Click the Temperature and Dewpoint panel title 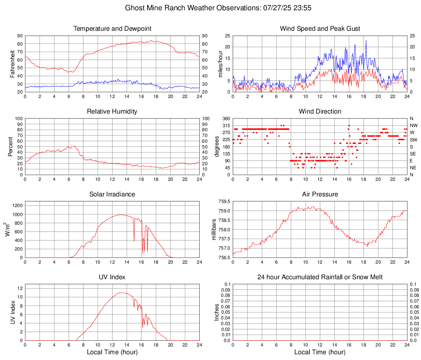pyautogui.click(x=112, y=29)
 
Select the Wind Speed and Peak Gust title pyautogui.click(x=320, y=29)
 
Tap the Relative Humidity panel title pyautogui.click(x=112, y=112)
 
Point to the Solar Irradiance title pyautogui.click(x=112, y=194)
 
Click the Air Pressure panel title pyautogui.click(x=320, y=194)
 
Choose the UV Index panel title pyautogui.click(x=112, y=277)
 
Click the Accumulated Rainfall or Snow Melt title pyautogui.click(x=320, y=277)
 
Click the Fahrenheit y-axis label pyautogui.click(x=12, y=64)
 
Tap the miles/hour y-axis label pyautogui.click(x=220, y=64)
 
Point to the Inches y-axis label pyautogui.click(x=217, y=312)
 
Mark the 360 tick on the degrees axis pyautogui.click(x=226, y=119)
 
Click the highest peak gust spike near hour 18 pyautogui.click(x=366, y=40)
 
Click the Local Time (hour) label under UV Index pyautogui.click(x=112, y=352)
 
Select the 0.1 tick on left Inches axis pyautogui.click(x=227, y=284)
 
